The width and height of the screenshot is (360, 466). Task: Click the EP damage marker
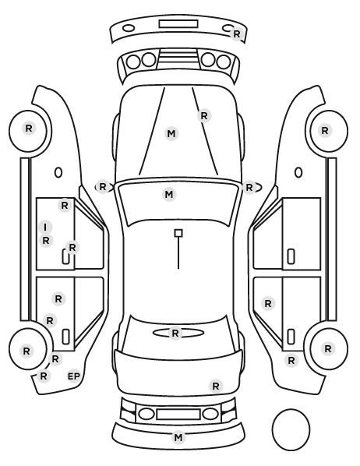coord(74,376)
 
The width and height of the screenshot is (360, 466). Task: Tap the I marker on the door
coord(45,228)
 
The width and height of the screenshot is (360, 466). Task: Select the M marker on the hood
coord(171,134)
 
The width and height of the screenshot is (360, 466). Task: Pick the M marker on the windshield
coord(169,195)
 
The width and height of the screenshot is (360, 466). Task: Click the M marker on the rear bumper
coord(178,437)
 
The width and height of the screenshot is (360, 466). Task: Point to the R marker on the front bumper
coord(237,34)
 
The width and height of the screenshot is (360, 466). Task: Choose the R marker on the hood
coord(204,115)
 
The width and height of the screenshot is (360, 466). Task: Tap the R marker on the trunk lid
coord(216,386)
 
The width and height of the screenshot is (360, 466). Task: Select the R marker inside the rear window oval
coord(175,334)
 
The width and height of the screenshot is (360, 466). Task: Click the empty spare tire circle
coord(291,429)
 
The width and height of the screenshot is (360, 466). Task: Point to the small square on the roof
coord(178,233)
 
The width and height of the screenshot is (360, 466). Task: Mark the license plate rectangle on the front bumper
coord(178,24)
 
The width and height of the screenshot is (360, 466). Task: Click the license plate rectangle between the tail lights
coord(178,415)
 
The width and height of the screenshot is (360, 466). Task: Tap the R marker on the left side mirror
coord(103,187)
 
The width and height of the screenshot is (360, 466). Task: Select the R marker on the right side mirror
coord(249,188)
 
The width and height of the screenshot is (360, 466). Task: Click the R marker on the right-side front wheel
coord(325,130)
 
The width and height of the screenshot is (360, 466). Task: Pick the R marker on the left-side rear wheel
coord(26,351)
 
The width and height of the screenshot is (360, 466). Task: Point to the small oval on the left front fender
coord(58,172)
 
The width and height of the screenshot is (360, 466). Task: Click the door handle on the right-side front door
coord(291,256)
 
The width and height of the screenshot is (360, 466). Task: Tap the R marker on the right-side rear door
coord(268,304)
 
